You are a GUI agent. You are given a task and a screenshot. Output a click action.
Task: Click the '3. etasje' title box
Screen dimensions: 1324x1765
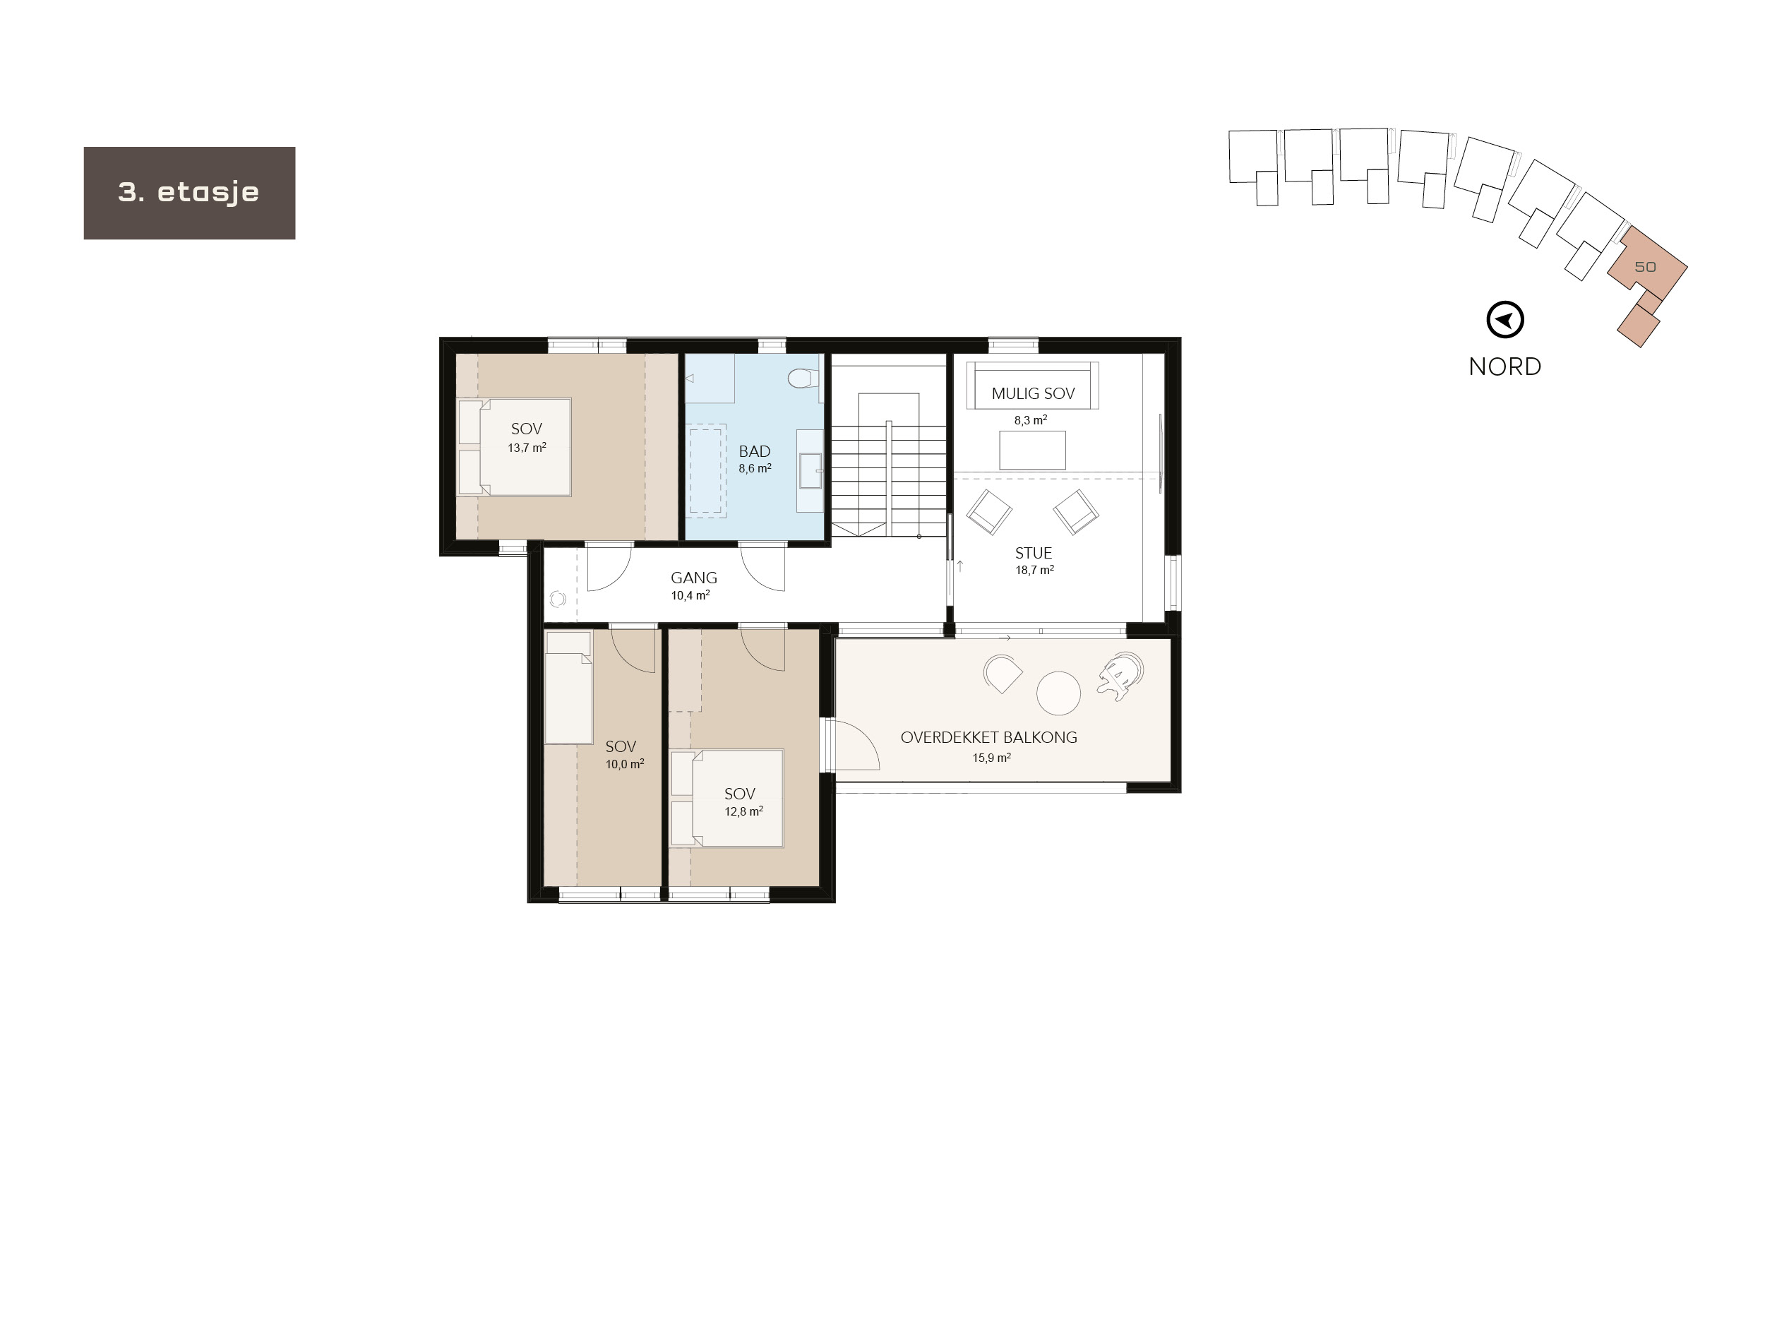(x=189, y=192)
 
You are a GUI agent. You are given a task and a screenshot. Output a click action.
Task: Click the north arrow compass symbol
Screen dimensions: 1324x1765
(x=1505, y=320)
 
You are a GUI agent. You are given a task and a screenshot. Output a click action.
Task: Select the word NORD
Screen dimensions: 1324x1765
(x=1505, y=366)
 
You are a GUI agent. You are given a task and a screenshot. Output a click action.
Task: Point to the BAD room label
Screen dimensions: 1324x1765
(x=754, y=452)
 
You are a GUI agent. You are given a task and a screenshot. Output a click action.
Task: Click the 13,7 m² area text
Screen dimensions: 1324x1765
(x=527, y=448)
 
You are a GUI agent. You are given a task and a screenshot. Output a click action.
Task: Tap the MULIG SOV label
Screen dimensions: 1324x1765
(x=1032, y=393)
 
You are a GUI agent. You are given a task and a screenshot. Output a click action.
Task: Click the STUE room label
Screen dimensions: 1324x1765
(x=1034, y=553)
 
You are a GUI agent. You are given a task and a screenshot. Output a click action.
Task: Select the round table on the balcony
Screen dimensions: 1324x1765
(x=1058, y=693)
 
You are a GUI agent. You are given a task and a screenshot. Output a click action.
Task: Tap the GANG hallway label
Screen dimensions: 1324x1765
(x=693, y=578)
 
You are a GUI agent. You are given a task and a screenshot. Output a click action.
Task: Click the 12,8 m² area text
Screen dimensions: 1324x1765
(x=743, y=811)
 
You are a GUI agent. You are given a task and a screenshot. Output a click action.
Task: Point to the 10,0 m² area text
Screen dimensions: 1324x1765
(x=624, y=765)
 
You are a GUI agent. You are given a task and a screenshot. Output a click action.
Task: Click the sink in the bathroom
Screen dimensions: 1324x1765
(x=810, y=471)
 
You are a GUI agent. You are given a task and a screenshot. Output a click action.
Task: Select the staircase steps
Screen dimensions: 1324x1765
(x=889, y=479)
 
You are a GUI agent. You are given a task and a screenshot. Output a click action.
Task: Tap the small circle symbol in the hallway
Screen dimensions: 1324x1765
(x=557, y=599)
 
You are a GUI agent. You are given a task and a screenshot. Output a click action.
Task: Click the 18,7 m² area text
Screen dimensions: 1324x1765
(x=1034, y=571)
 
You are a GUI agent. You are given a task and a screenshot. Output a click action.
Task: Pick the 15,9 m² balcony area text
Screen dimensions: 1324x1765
(x=991, y=758)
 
